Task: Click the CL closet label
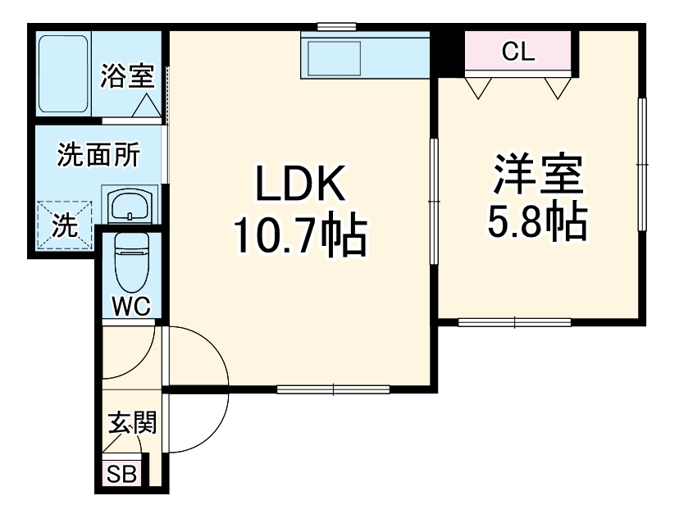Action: pos(518,53)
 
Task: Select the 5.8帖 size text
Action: pos(538,221)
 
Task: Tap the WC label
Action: pos(130,307)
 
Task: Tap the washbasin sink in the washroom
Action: pos(130,204)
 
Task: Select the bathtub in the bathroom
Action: pos(63,75)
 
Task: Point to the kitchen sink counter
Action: pos(365,57)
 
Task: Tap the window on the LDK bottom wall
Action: pos(333,388)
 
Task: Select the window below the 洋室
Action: pos(514,322)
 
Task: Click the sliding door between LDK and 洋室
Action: pos(434,201)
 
